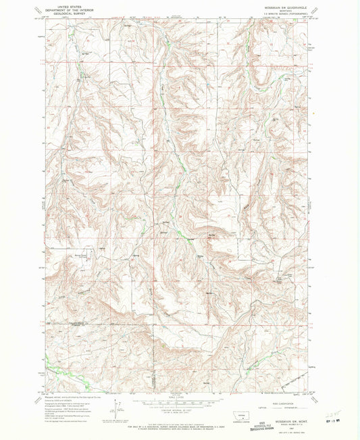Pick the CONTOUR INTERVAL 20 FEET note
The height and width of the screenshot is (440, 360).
(x=180, y=411)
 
